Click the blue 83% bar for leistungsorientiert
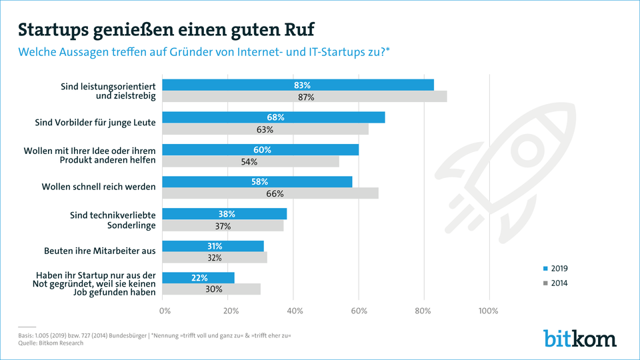(298, 85)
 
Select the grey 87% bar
(305, 97)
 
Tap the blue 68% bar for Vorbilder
(273, 117)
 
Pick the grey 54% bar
(251, 161)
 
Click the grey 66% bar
(270, 193)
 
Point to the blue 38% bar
(225, 214)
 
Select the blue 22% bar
(199, 278)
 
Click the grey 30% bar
(211, 289)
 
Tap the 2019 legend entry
(555, 269)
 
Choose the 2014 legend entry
(555, 283)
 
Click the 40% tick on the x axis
(295, 311)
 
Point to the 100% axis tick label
(488, 311)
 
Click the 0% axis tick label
(165, 311)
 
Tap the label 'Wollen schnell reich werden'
(99, 187)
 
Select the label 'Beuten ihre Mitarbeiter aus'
(100, 251)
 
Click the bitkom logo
(580, 339)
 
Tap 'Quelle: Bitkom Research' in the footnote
(51, 343)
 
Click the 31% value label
(214, 246)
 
